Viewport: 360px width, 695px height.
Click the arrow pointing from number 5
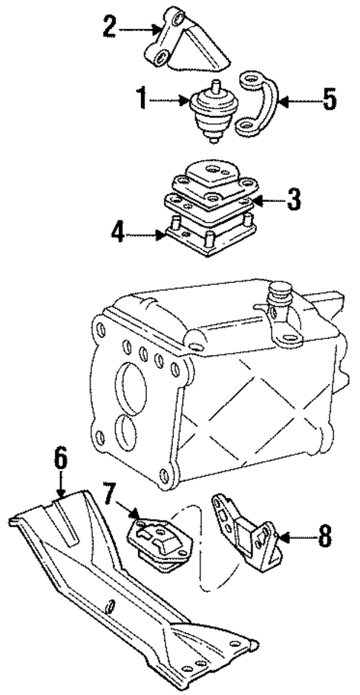pyautogui.click(x=297, y=99)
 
